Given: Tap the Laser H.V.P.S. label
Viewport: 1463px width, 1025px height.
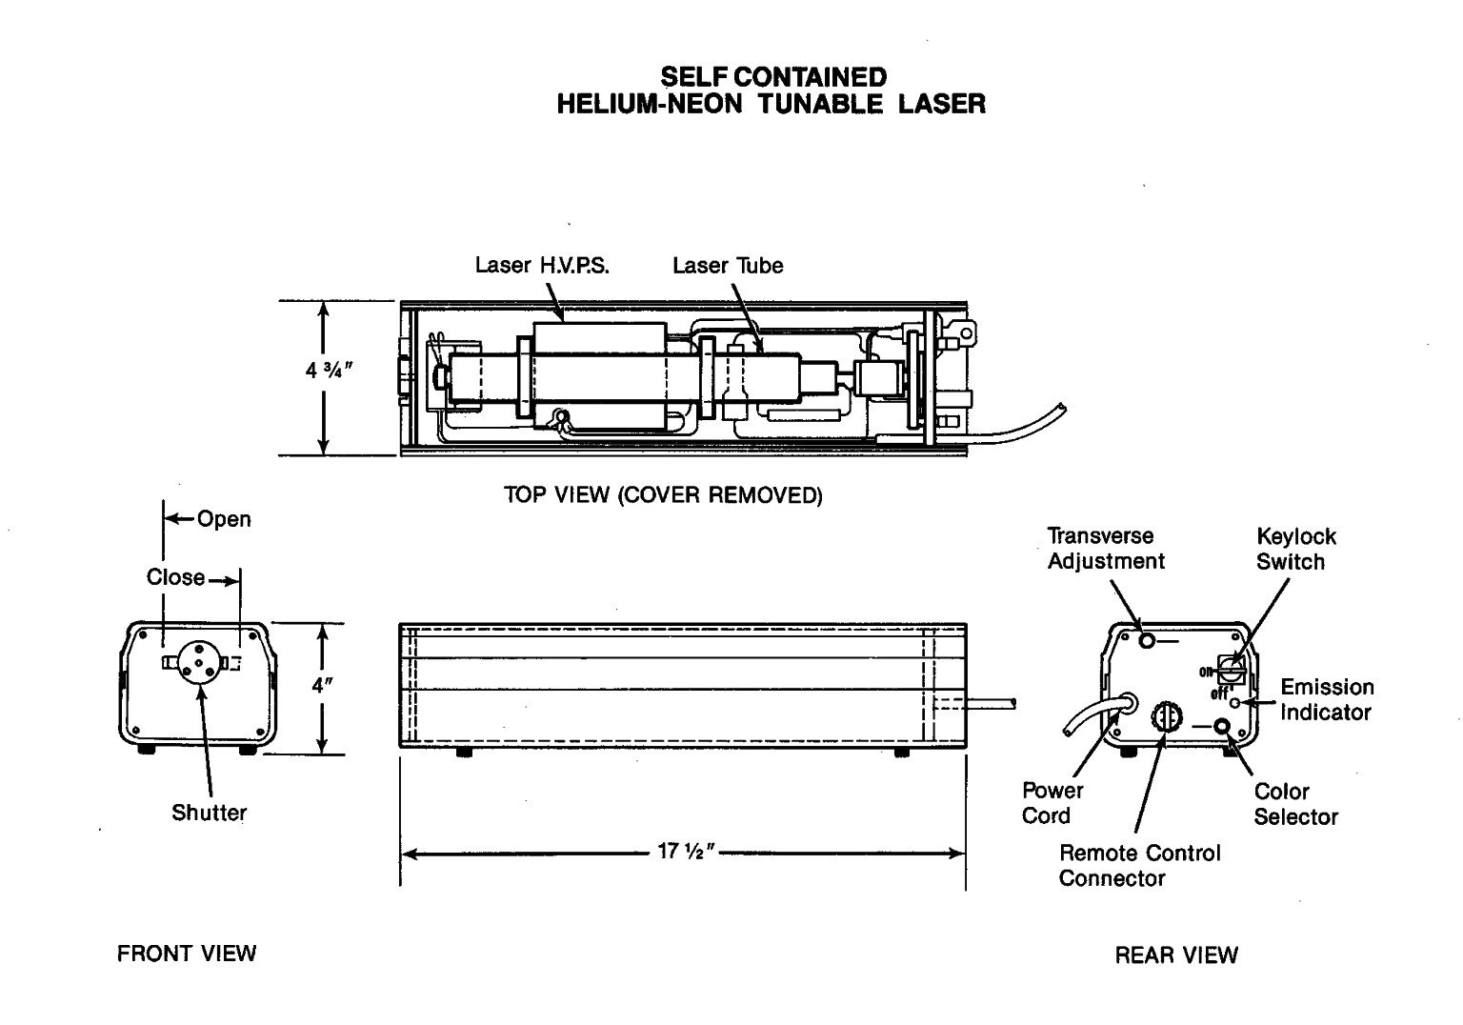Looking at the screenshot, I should click(542, 265).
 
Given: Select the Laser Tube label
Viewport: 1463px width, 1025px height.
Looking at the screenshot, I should click(728, 265).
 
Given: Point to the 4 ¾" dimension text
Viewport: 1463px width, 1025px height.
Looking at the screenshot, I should click(330, 370).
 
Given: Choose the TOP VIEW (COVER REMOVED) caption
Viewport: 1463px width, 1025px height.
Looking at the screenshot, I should click(663, 495).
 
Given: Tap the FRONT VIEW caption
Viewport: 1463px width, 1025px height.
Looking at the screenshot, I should click(186, 953).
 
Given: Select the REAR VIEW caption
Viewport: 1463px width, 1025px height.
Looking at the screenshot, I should click(1176, 955).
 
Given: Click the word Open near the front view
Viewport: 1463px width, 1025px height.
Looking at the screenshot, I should click(224, 519).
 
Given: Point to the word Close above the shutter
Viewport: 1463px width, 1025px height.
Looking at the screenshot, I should click(175, 577).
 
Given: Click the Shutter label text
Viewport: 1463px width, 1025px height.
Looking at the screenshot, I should click(209, 813).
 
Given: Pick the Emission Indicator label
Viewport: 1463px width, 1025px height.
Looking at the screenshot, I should click(1326, 699).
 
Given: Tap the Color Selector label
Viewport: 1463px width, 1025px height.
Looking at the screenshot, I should click(1295, 804).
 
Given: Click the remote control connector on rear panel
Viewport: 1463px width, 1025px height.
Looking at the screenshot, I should click(1165, 716).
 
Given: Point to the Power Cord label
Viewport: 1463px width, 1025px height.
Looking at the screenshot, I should click(1052, 803).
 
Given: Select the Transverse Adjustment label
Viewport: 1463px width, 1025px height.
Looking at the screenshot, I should click(1105, 549).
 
